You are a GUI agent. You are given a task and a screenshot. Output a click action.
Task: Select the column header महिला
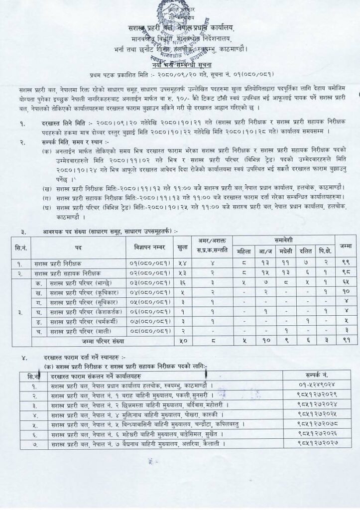click(243, 252)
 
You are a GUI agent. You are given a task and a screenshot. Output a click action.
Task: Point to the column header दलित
click(305, 252)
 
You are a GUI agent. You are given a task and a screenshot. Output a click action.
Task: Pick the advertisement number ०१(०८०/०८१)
click(151, 263)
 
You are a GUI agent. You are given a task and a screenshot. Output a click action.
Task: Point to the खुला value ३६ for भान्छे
click(182, 282)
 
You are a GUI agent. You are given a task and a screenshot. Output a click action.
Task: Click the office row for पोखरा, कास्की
click(139, 414)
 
